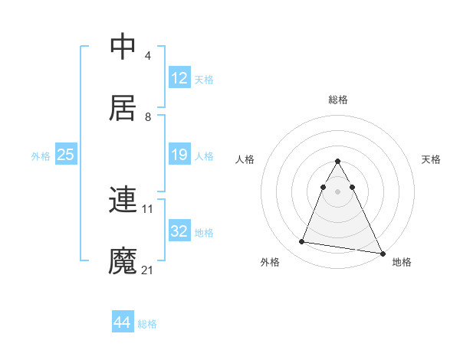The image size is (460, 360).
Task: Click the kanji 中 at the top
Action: click(123, 47)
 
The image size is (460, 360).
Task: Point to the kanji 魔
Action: click(123, 260)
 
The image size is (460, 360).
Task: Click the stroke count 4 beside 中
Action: click(147, 57)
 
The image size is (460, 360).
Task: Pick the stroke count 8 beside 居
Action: click(147, 117)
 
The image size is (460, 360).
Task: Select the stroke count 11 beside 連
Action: click(149, 208)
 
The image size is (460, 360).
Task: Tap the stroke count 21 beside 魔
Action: click(149, 270)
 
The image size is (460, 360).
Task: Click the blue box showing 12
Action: click(179, 78)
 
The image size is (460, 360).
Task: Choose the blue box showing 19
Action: click(179, 155)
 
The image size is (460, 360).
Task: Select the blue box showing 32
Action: click(179, 231)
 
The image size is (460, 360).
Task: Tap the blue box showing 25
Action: click(65, 155)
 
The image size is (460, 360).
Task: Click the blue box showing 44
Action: click(122, 322)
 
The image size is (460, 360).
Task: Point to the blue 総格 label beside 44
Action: click(147, 324)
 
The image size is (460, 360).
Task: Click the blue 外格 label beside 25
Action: click(41, 156)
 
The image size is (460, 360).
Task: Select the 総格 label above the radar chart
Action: click(338, 100)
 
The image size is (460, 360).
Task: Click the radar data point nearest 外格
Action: click(302, 242)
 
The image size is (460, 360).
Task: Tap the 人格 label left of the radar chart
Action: click(245, 159)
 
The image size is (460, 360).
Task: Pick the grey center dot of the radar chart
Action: click(337, 191)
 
